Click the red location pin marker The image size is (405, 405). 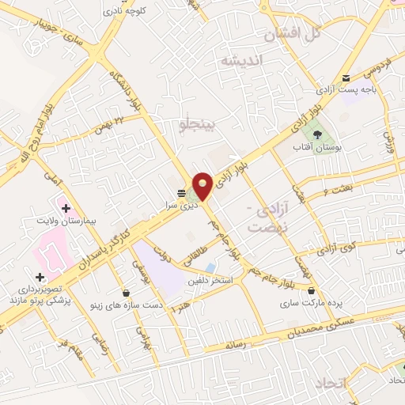[202, 185]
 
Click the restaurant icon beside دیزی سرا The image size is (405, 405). [182, 192]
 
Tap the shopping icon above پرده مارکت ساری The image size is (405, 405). [311, 290]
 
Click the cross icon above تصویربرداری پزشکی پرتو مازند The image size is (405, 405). [40, 275]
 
